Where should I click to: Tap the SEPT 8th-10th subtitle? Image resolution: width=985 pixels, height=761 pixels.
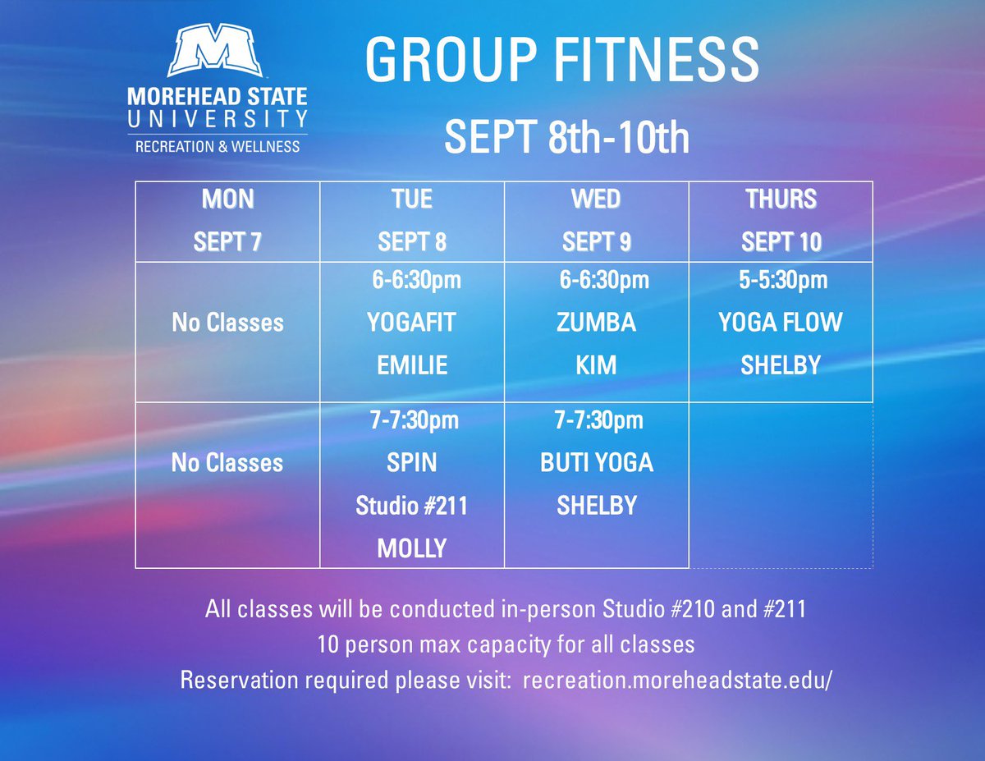(x=566, y=137)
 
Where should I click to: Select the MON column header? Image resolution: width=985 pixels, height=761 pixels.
(x=227, y=199)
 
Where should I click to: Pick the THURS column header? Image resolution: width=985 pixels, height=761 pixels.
(x=781, y=199)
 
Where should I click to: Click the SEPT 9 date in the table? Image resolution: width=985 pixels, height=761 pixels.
(x=597, y=242)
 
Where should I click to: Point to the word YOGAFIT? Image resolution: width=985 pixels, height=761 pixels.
(x=411, y=322)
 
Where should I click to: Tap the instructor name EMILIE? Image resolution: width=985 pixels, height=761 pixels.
(x=412, y=364)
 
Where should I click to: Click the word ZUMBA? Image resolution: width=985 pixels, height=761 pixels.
(x=597, y=322)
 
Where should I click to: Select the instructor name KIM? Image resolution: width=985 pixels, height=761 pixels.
(x=597, y=364)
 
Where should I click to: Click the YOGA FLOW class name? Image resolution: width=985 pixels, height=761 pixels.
(x=781, y=322)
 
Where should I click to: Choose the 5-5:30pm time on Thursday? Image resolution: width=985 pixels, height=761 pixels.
(x=782, y=281)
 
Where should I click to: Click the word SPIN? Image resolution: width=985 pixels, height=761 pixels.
(x=411, y=463)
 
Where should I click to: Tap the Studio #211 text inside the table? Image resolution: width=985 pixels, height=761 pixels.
(x=411, y=505)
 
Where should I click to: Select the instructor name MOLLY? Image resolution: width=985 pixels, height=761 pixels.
(x=411, y=548)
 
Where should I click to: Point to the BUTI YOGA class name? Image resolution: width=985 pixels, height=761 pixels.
(x=597, y=463)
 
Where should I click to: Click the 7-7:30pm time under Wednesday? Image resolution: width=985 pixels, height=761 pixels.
(x=598, y=421)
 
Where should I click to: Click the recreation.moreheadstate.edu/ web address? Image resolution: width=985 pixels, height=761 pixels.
(x=677, y=681)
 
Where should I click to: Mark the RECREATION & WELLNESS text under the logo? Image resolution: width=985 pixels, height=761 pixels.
(x=218, y=146)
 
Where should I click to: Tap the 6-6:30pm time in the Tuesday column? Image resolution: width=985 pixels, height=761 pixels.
(x=416, y=281)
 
